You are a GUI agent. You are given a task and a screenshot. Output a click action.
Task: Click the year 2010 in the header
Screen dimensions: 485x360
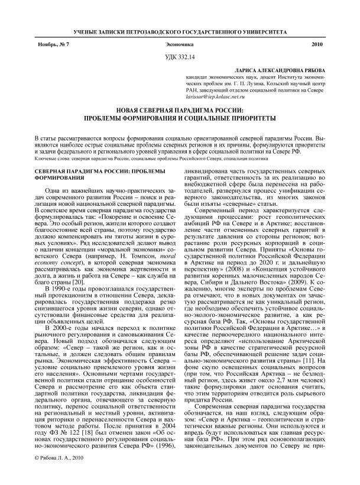317,45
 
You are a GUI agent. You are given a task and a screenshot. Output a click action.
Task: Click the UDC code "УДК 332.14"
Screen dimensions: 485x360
179,56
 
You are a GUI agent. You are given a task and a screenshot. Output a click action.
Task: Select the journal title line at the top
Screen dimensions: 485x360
180,30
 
